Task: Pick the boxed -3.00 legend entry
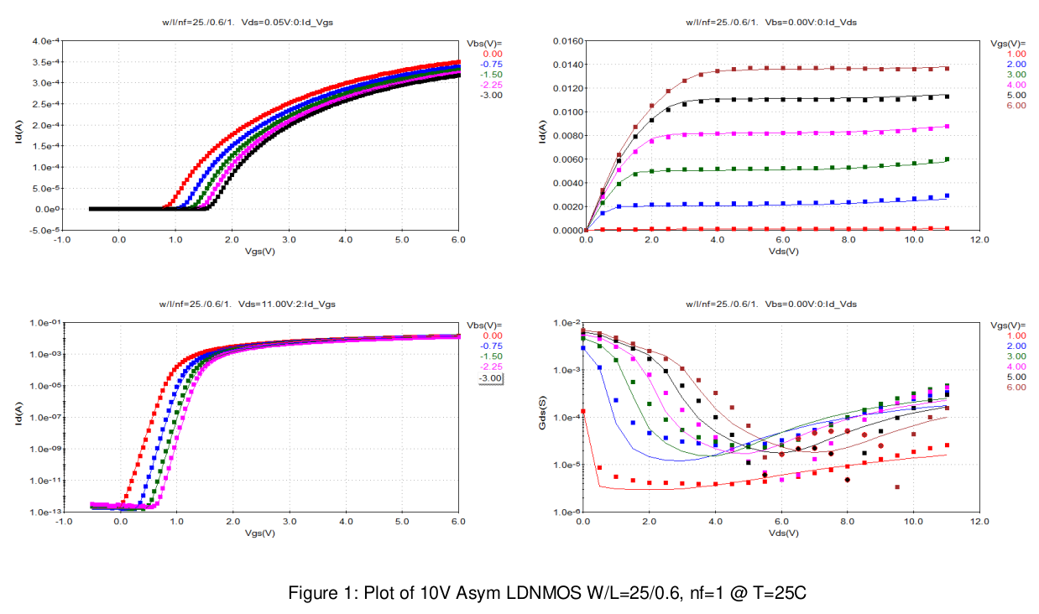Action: [489, 378]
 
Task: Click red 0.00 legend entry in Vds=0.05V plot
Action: [492, 53]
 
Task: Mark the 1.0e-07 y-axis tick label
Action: [44, 418]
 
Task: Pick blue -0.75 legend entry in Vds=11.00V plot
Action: [492, 346]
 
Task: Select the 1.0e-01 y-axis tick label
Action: [44, 323]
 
